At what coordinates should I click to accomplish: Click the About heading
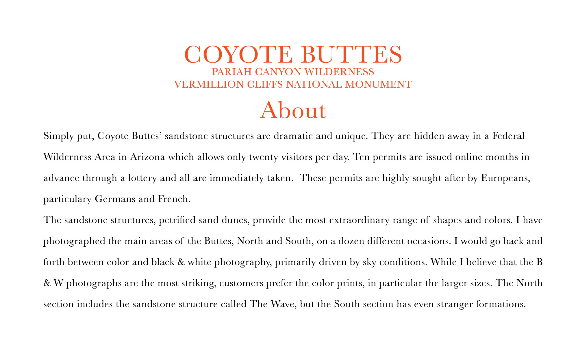pyautogui.click(x=293, y=110)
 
